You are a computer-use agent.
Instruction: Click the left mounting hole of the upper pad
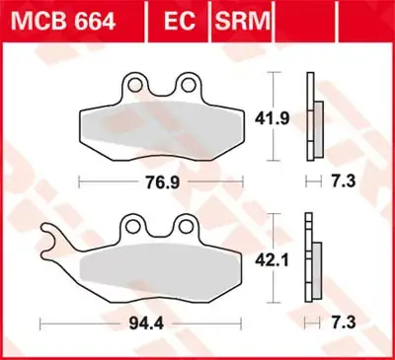138,84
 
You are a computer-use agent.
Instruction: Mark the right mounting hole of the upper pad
185,84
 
